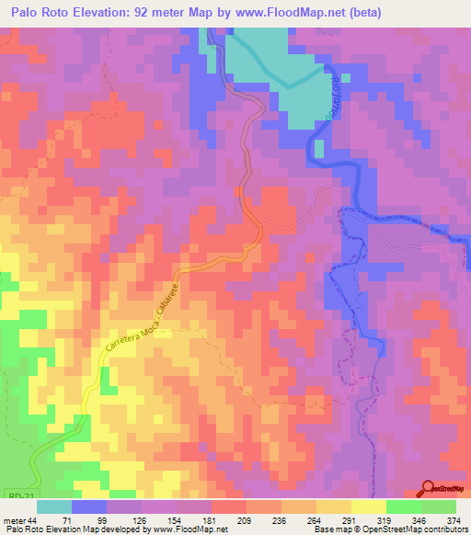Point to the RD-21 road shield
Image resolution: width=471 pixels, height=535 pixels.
13,494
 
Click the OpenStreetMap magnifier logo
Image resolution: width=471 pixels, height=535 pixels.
429,488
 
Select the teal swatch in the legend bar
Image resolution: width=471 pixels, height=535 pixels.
54,507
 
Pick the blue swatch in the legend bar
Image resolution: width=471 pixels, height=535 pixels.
89,507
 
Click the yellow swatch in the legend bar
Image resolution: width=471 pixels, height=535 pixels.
368,507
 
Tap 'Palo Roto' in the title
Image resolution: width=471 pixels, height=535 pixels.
43,13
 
